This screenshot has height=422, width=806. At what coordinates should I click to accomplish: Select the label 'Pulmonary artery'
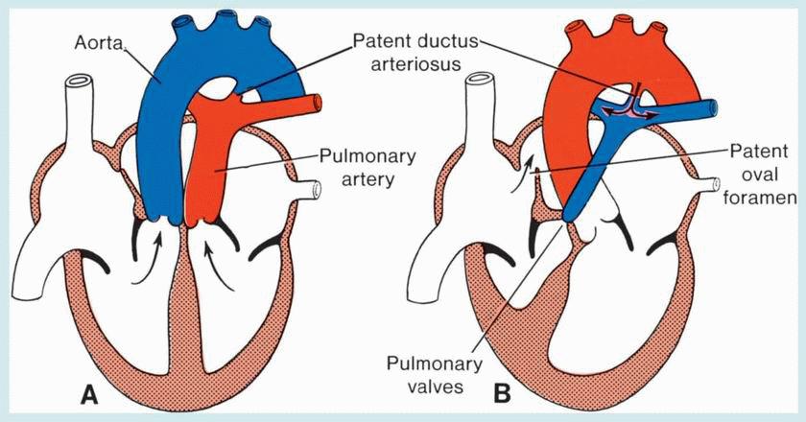[347, 167]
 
